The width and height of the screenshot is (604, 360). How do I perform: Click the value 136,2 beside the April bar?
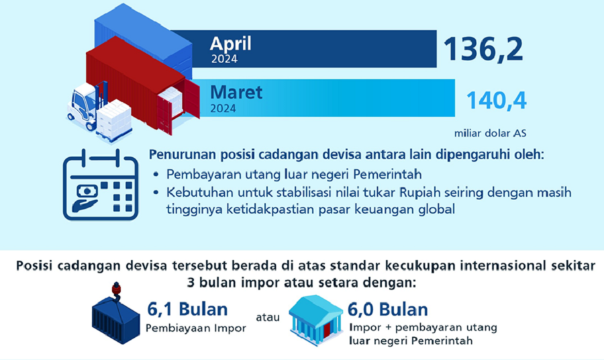[483, 49]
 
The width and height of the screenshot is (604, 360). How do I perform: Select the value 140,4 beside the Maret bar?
[496, 100]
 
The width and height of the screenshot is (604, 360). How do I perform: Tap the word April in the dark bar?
[230, 44]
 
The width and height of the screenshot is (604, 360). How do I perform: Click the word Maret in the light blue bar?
[236, 92]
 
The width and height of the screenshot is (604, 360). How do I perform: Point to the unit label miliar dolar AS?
[490, 134]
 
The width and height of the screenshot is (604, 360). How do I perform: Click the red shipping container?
[142, 85]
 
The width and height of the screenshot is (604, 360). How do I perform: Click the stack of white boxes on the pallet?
[113, 119]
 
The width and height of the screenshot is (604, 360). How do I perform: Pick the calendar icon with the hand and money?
[101, 185]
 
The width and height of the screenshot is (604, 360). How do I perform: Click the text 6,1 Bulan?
[188, 309]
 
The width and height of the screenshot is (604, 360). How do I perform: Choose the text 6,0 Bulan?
[388, 309]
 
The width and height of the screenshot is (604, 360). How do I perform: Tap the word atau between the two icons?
[268, 317]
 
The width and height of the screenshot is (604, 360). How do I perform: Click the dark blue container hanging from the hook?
[116, 320]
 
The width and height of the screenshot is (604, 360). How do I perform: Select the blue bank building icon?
[316, 320]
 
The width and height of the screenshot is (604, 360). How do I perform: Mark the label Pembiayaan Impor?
[196, 328]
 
